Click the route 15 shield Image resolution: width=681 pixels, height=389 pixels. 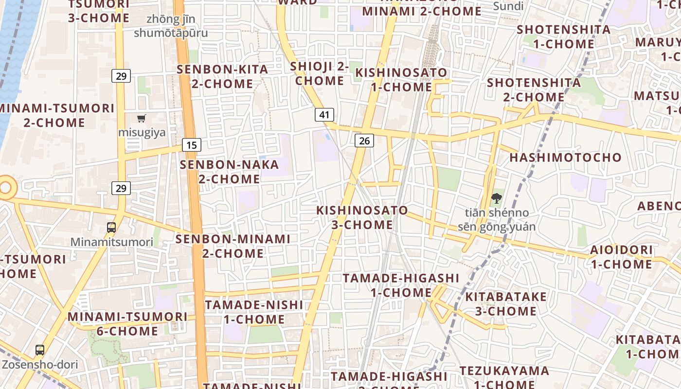click(x=192, y=144)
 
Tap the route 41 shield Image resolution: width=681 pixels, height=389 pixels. click(x=324, y=115)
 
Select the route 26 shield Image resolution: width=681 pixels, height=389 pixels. click(x=364, y=141)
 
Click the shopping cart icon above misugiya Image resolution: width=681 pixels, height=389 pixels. click(x=142, y=118)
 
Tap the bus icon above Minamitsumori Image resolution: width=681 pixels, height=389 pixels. click(x=111, y=227)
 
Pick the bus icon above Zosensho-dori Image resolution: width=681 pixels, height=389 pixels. click(x=39, y=350)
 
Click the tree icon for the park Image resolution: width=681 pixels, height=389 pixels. click(x=496, y=198)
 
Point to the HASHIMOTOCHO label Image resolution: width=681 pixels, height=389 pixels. click(x=565, y=158)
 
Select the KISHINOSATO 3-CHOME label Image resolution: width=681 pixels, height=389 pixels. click(x=362, y=217)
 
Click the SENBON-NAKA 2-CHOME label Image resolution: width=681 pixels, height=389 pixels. click(x=230, y=172)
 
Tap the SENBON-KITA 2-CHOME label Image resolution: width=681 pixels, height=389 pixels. click(x=222, y=76)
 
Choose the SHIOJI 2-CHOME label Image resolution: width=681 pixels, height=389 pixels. click(x=320, y=73)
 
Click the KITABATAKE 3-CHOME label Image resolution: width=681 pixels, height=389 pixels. click(x=506, y=304)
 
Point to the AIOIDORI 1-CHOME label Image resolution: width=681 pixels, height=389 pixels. click(x=621, y=257)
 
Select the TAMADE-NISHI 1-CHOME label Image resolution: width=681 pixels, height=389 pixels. click(x=254, y=312)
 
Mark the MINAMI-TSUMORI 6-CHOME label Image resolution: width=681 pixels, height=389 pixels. click(x=127, y=324)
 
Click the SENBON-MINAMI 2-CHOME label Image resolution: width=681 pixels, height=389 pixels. click(x=233, y=246)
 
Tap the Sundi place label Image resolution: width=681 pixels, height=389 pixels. click(x=508, y=6)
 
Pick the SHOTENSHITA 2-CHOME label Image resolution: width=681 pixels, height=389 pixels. click(x=534, y=89)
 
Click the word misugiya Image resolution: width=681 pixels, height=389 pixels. click(x=142, y=132)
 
